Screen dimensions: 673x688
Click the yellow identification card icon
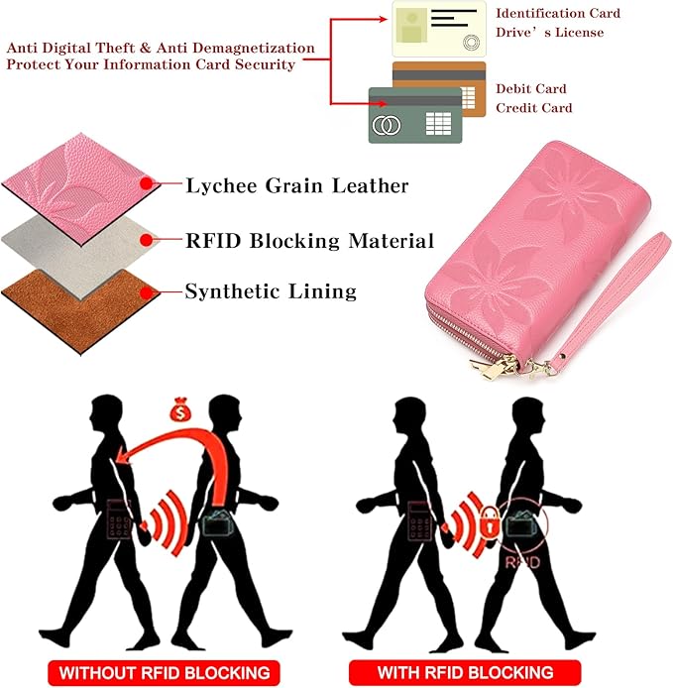439,29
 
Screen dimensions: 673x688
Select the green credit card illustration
415,115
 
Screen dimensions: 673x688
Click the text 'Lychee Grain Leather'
297,185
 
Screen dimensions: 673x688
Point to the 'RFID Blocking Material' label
309,241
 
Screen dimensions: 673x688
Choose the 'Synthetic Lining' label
271,291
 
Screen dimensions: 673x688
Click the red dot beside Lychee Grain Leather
147,183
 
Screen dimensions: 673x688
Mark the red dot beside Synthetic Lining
147,292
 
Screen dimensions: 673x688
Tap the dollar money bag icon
180,409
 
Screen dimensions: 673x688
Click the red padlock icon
490,522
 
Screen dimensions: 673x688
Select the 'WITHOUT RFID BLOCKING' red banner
164,673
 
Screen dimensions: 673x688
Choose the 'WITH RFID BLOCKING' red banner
465,672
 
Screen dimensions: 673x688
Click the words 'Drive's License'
550,33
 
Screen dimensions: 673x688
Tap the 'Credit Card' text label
534,108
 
